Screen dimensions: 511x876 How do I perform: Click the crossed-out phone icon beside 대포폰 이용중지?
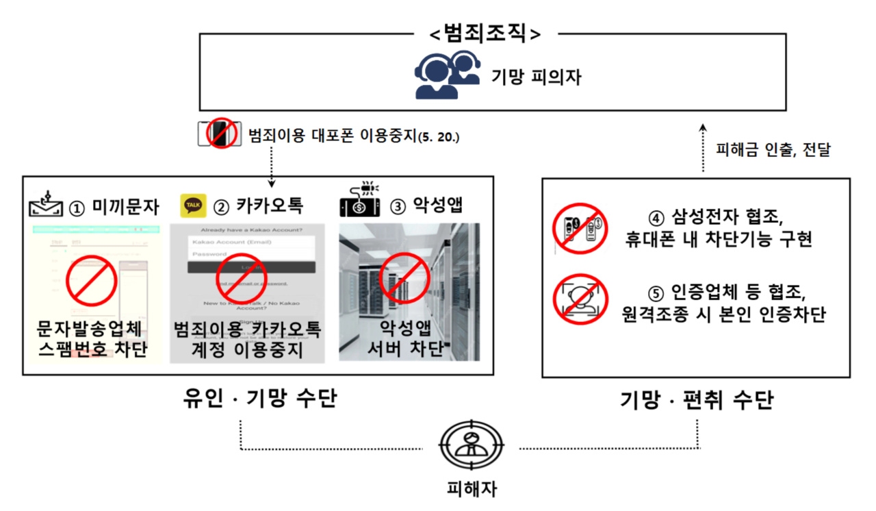pyautogui.click(x=219, y=134)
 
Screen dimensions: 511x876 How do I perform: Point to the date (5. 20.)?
pyautogui.click(x=439, y=137)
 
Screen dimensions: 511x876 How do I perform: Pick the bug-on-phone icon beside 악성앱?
pyautogui.click(x=359, y=201)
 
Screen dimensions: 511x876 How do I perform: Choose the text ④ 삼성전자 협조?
pyautogui.click(x=719, y=217)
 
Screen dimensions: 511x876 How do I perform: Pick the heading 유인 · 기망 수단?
pyautogui.click(x=260, y=398)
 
